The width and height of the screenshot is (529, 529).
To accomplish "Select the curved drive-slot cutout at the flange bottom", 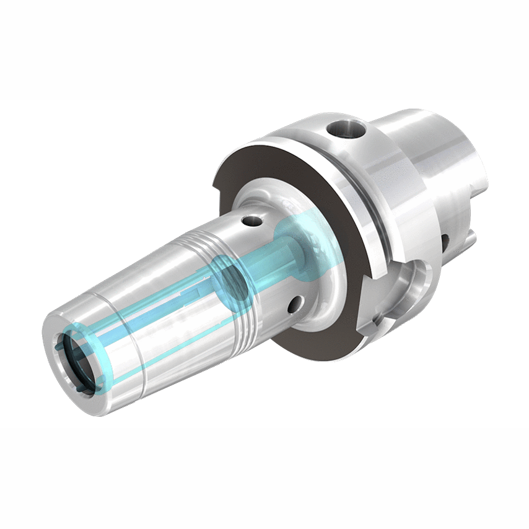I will click(x=406, y=279).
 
